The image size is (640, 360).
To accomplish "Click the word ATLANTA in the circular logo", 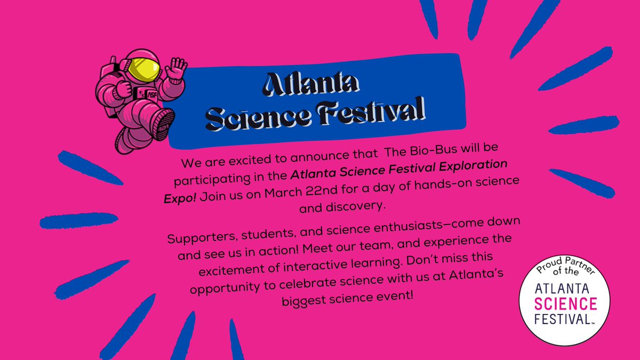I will click(565, 288).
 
